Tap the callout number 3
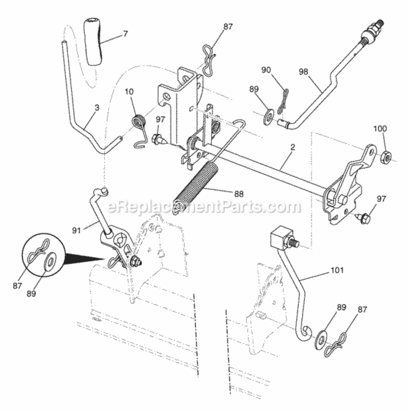coord(96,109)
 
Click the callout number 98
coord(303,72)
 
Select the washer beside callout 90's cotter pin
coord(270,116)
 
